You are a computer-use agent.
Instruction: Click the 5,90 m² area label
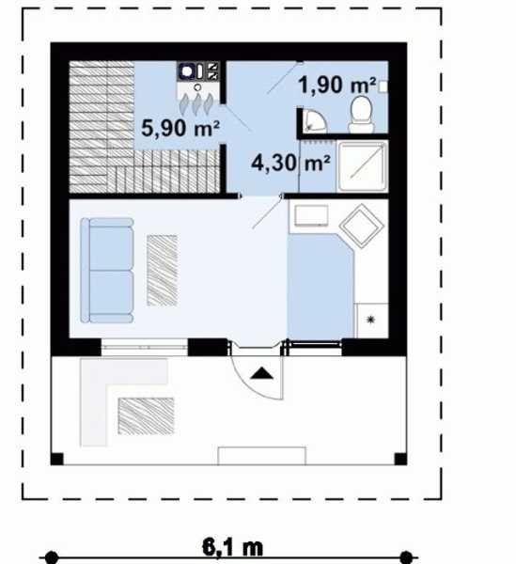pyautogui.click(x=180, y=128)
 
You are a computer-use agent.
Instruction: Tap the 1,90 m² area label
pyautogui.click(x=336, y=86)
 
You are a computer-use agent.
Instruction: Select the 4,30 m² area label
pyautogui.click(x=290, y=163)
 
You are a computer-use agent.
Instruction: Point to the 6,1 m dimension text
pyautogui.click(x=232, y=547)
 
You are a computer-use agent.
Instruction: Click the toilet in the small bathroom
pyautogui.click(x=361, y=114)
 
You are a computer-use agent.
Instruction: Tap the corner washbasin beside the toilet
pyautogui.click(x=313, y=120)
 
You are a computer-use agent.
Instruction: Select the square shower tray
pyautogui.click(x=362, y=165)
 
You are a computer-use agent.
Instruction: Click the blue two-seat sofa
pyautogui.click(x=107, y=270)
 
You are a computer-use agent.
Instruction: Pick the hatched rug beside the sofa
pyautogui.click(x=163, y=271)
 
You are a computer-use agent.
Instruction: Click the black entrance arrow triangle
pyautogui.click(x=262, y=374)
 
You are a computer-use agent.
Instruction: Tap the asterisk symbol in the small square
pyautogui.click(x=370, y=320)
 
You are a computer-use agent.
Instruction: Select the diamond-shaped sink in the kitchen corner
pyautogui.click(x=361, y=226)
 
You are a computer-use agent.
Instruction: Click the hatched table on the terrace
pyautogui.click(x=146, y=416)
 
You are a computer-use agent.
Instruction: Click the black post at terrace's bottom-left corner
pyautogui.click(x=56, y=459)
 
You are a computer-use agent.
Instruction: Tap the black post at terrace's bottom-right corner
pyautogui.click(x=400, y=459)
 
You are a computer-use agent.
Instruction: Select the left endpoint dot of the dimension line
pyautogui.click(x=52, y=557)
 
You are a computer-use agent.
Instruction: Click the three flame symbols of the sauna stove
pyautogui.click(x=197, y=104)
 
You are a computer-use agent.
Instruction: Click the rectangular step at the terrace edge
pyautogui.click(x=262, y=456)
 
